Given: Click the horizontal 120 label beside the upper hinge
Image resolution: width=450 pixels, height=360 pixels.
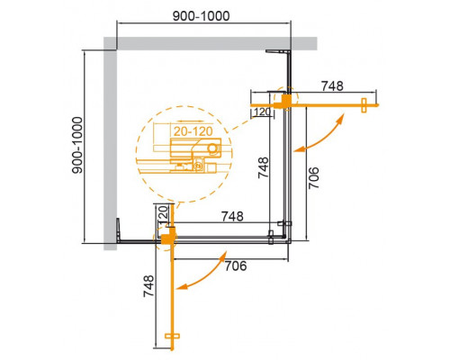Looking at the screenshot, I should click(262, 112).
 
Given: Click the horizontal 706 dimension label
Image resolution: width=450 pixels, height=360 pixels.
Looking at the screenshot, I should click(236, 265).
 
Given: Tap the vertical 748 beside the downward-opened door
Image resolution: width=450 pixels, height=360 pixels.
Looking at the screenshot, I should click(157, 290).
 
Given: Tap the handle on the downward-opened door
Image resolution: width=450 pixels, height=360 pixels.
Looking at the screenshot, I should click(175, 340).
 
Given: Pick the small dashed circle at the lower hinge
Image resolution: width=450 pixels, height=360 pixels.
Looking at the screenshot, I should click(167, 236).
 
